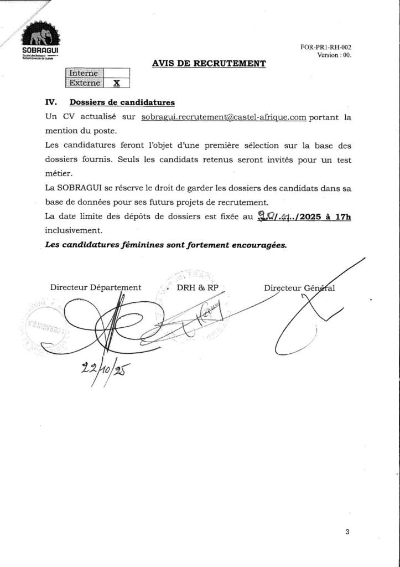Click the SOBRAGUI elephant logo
click(x=40, y=37)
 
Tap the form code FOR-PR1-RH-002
click(x=326, y=48)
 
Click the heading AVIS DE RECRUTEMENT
click(x=209, y=64)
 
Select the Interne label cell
click(x=84, y=73)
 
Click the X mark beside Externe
click(x=116, y=83)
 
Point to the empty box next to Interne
click(x=116, y=73)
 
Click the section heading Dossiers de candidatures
click(x=122, y=102)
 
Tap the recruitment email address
click(x=224, y=117)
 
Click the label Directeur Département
click(x=96, y=287)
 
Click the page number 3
click(x=347, y=532)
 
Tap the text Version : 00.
click(x=334, y=55)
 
